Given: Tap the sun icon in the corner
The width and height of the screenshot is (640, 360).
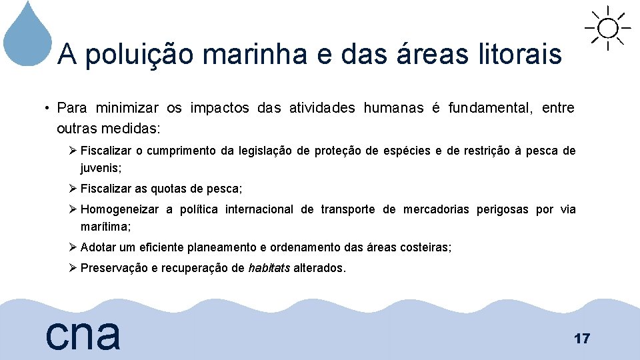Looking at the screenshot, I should point(607,29).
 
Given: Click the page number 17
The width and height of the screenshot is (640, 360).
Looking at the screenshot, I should point(581,339).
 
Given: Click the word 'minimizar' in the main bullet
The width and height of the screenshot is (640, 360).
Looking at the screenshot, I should point(127,108).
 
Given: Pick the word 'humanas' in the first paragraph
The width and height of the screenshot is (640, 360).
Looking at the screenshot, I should point(393,108).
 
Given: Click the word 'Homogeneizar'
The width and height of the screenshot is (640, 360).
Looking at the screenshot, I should point(119,210).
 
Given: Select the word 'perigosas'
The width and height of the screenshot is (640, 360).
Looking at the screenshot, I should point(502,210).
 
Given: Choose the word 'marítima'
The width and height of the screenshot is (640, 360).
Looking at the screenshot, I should point(105,226).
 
